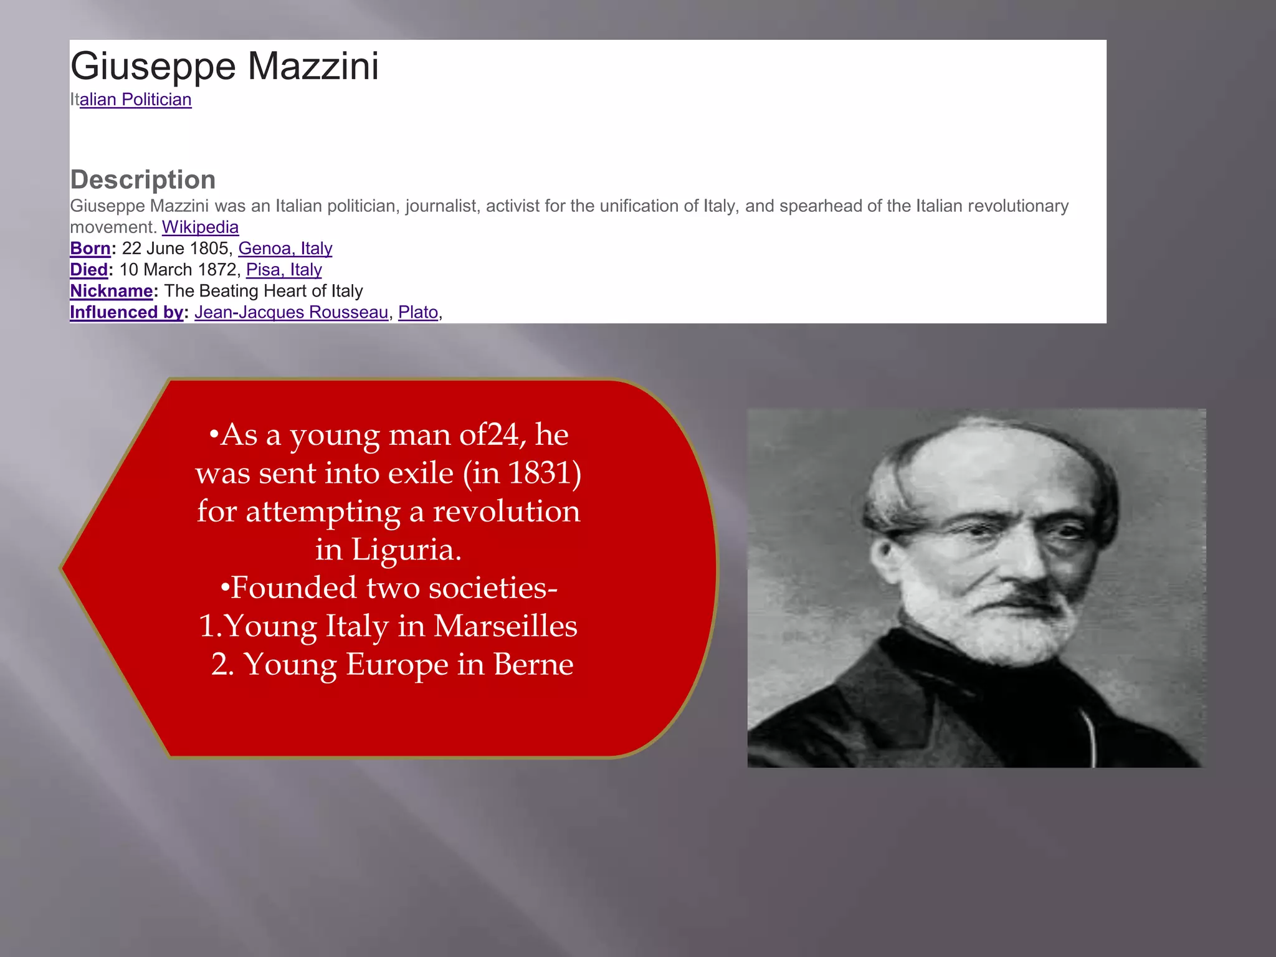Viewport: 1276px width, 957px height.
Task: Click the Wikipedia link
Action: pos(200,227)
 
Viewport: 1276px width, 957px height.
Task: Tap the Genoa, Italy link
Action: pos(285,249)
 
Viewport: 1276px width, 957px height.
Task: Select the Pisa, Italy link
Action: pos(283,270)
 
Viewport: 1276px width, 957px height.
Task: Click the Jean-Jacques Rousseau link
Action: pos(291,312)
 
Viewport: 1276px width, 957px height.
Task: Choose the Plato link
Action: pos(417,312)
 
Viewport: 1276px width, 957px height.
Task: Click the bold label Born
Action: pos(90,249)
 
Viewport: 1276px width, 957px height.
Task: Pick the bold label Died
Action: pos(89,270)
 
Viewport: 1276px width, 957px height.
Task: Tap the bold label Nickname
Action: pos(111,291)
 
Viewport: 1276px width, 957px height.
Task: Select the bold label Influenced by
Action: pos(126,312)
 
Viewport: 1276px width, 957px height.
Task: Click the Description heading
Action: pos(143,179)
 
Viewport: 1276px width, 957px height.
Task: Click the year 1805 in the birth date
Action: pos(209,249)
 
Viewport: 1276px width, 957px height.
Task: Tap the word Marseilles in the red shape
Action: pos(505,626)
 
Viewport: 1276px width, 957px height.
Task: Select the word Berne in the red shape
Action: pos(533,664)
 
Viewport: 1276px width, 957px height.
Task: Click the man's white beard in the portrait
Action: pos(991,617)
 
